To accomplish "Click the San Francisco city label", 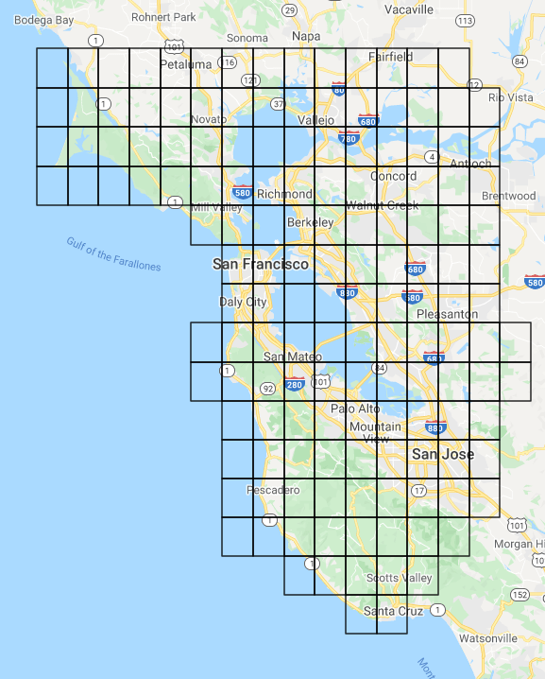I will pos(261,265).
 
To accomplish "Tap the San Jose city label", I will pos(443,455).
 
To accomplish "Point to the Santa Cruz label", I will pos(394,611).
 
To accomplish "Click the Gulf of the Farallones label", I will pos(113,254).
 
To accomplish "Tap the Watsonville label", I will pos(489,638).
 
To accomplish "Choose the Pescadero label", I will pos(273,490).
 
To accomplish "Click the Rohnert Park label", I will pos(162,16).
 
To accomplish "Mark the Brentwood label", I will pos(508,196).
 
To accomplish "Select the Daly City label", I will pos(243,302).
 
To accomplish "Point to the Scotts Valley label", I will pos(400,578).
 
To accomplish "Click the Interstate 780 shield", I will pos(349,138).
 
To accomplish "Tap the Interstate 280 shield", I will pos(295,383).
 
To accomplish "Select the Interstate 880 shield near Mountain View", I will pos(435,427).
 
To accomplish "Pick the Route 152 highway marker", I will pos(520,594).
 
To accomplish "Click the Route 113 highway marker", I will pos(465,20).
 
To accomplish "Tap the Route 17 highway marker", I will pos(418,490).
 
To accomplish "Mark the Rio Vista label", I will pos(511,96).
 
